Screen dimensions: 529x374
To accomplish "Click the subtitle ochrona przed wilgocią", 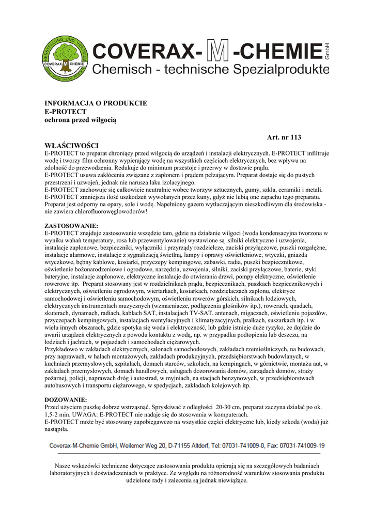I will point(81,120).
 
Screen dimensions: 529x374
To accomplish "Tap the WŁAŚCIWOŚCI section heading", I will point(72,146).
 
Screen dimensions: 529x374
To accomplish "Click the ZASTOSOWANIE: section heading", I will point(71,226).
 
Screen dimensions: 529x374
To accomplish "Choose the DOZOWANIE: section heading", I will point(66,400).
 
